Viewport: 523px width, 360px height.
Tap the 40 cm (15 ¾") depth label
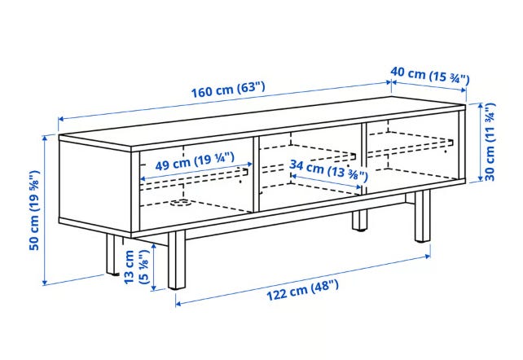[x=430, y=75]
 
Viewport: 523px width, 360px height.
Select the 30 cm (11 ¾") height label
[x=490, y=142]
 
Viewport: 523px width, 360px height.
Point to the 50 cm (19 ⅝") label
[x=34, y=210]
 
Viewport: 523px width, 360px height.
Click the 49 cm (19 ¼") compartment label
[x=195, y=161]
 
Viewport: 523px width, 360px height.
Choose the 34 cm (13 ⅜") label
[x=328, y=170]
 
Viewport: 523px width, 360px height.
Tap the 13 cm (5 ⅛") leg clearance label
[x=136, y=266]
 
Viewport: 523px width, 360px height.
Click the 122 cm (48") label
[x=302, y=291]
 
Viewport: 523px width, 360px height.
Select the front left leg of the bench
[x=177, y=260]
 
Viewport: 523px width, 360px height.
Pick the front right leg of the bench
[x=423, y=216]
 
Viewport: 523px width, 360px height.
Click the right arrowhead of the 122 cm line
[x=428, y=256]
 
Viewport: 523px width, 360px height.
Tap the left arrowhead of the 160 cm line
[x=61, y=119]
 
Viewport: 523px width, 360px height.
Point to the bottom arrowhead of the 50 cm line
[x=44, y=283]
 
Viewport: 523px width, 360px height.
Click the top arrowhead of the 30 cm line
[x=481, y=106]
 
